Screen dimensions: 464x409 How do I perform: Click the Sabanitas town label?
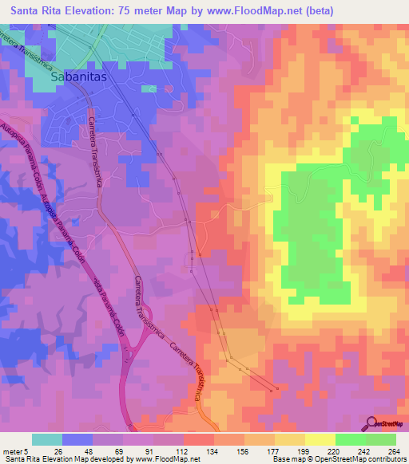click(x=78, y=79)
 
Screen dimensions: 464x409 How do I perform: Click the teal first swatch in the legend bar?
click(x=47, y=439)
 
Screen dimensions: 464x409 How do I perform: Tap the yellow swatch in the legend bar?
click(x=320, y=439)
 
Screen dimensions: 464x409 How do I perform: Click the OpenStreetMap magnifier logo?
click(x=372, y=423)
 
